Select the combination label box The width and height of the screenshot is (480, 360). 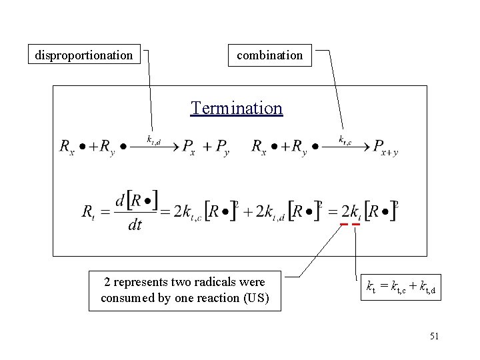pos(269,55)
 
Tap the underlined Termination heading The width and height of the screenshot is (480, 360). pos(236,107)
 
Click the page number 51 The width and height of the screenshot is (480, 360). pos(434,336)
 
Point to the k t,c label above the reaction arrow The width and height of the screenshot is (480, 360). pos(345,139)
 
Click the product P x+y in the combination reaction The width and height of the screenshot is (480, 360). pos(386,147)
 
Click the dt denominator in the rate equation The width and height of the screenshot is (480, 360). pos(135,225)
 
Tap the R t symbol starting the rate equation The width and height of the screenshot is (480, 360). pos(88,212)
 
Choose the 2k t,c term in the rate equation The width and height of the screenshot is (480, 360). pos(187,213)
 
